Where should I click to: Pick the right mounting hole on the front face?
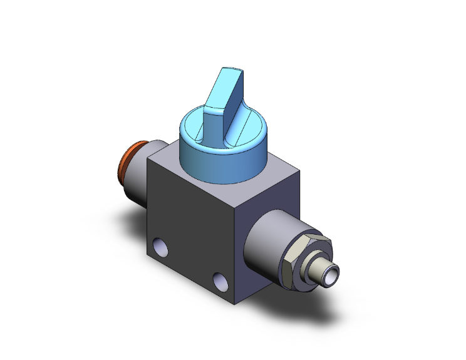point(219,279)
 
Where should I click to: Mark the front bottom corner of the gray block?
point(236,304)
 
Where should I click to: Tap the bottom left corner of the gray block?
point(149,258)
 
